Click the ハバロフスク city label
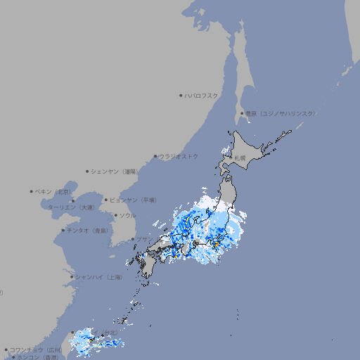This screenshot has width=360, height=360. [202, 95]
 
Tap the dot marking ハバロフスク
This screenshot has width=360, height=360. [181, 95]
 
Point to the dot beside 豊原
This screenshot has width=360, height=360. [243, 113]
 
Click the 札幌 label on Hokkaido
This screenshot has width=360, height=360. [240, 157]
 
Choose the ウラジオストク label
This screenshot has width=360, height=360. [179, 156]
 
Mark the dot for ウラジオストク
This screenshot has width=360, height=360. [155, 157]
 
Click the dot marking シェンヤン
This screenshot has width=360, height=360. [88, 171]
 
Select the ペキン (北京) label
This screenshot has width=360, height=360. [54, 191]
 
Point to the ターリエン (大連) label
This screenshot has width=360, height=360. [71, 207]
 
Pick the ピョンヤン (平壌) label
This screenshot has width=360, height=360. [134, 200]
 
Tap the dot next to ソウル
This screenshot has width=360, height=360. [115, 216]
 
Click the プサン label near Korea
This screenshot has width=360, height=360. [143, 240]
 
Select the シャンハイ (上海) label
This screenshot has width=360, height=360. [99, 277]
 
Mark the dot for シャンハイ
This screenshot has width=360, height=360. [72, 277]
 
